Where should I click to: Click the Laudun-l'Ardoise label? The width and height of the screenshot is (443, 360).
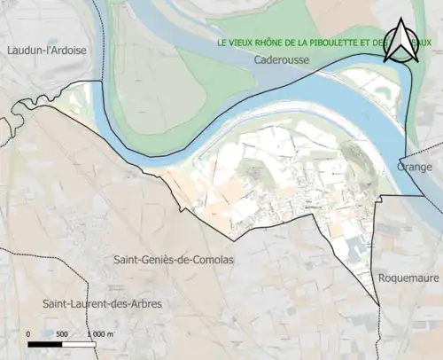[x=46, y=51]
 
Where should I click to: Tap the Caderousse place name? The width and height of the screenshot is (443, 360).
[x=280, y=61]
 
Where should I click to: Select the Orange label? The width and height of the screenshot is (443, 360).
[x=414, y=167]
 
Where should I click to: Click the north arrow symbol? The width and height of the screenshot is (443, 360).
[x=402, y=41]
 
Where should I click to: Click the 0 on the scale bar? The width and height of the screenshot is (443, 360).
[x=29, y=334]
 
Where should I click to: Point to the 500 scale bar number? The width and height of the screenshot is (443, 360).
[x=61, y=334]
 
